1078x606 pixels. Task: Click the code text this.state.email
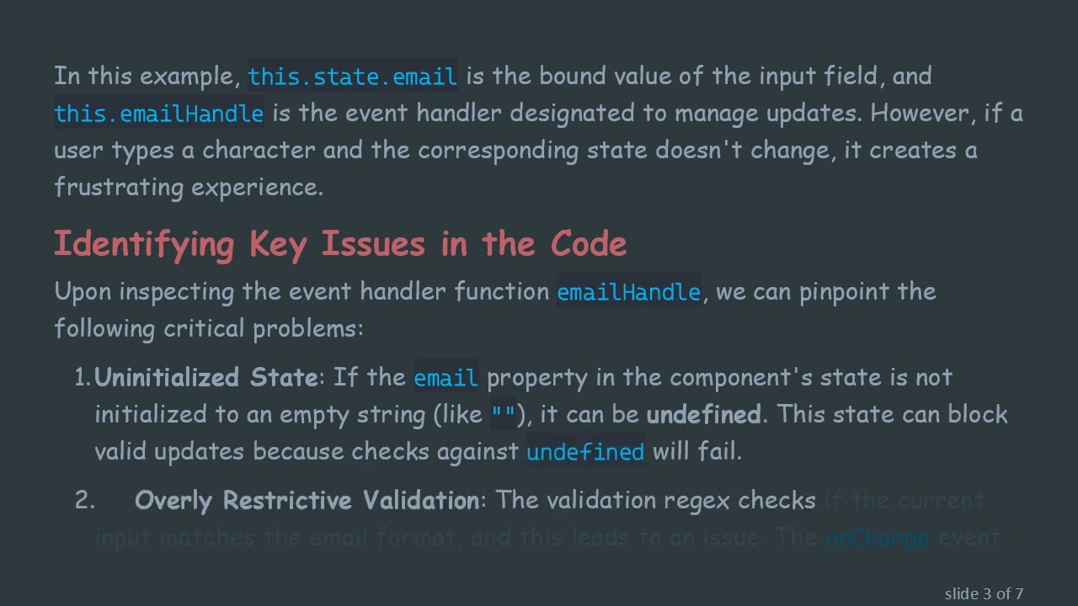point(352,77)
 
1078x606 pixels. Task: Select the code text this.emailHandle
point(158,114)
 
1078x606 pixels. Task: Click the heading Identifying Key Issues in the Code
point(340,244)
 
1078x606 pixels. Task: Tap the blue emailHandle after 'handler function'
point(628,292)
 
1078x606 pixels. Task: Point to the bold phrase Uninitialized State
point(205,377)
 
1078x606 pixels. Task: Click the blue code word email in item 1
point(446,378)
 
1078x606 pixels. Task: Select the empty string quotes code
point(504,414)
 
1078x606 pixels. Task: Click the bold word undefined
point(703,414)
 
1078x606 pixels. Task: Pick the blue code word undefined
point(584,452)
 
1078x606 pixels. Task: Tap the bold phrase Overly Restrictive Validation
point(307,501)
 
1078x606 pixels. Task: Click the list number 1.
point(82,378)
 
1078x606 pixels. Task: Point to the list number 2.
point(84,501)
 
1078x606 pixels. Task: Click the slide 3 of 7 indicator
point(984,593)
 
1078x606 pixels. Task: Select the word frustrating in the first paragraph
point(119,187)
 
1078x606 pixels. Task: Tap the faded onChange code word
point(877,538)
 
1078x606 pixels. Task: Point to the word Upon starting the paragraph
point(83,292)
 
